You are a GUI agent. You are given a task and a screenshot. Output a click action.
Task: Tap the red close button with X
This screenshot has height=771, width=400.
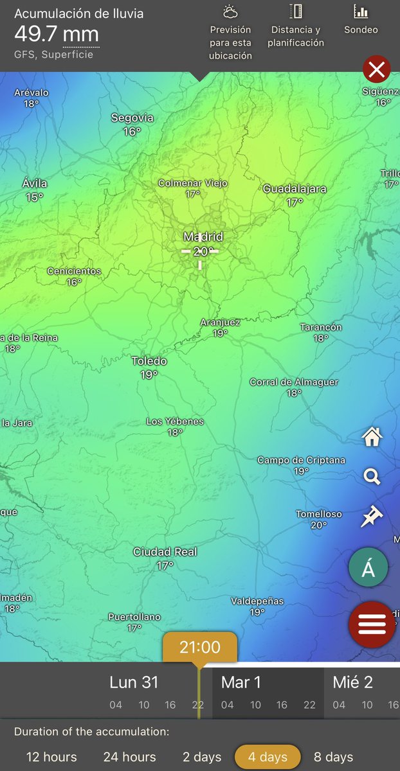[x=377, y=69]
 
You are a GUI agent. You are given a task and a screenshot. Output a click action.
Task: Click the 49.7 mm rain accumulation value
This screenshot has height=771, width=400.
[x=57, y=33]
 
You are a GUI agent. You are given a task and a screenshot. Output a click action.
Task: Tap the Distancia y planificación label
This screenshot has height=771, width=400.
[x=296, y=37]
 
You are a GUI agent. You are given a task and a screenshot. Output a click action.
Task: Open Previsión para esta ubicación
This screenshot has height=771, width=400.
[x=230, y=42]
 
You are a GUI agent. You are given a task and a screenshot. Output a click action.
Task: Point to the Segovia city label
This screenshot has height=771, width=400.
[x=132, y=118]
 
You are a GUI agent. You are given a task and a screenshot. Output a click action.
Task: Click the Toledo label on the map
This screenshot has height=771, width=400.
[x=149, y=361]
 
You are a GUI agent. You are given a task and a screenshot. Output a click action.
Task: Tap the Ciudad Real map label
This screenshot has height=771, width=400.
[x=165, y=552]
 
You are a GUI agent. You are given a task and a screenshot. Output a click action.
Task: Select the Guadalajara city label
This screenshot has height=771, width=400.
[x=295, y=189]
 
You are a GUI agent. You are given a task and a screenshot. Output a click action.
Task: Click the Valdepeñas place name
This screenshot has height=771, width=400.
[x=257, y=601]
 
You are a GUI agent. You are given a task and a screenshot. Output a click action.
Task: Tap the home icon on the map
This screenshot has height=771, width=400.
[x=372, y=437]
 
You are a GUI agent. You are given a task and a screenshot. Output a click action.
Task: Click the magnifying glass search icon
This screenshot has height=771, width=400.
[x=372, y=477]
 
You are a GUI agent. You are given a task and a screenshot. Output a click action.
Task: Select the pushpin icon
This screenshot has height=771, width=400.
[x=371, y=516]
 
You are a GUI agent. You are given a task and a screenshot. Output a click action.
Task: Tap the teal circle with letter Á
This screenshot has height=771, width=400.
[x=368, y=568]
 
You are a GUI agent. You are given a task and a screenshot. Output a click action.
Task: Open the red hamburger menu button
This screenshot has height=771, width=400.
[x=372, y=624]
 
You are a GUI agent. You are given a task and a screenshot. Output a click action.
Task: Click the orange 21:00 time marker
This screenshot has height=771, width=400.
[x=199, y=647]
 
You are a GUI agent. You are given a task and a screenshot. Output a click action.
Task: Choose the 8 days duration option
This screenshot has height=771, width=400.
[x=333, y=757]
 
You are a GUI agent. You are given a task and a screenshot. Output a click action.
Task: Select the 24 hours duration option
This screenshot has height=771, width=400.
[x=129, y=757]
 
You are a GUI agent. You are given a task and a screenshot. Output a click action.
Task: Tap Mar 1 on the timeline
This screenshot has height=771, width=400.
[x=241, y=682]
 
